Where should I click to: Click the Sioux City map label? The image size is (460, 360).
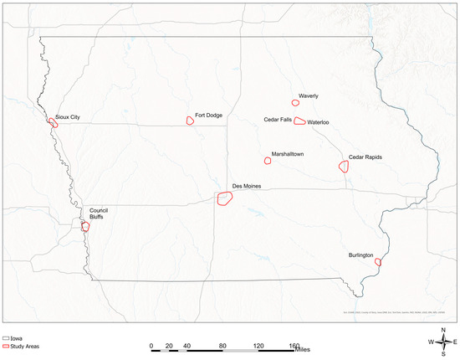coord(68,118)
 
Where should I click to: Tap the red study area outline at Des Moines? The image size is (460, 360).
coord(224,198)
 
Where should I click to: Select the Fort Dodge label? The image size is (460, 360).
coord(208,116)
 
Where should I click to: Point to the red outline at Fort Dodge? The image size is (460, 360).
coord(190,121)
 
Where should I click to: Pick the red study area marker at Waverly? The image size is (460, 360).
coord(295,103)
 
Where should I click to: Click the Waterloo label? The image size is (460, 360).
coord(319,123)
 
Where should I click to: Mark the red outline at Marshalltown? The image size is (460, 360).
coord(268,160)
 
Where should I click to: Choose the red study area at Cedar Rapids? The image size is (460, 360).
coord(344,167)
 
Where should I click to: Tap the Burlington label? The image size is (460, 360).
coord(361,255)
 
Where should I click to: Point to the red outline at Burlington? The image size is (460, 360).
coord(378,262)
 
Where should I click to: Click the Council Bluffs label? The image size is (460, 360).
coord(100,213)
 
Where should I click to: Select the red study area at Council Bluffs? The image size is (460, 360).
coord(85,226)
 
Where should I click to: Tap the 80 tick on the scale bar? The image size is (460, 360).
coord(223,345)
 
